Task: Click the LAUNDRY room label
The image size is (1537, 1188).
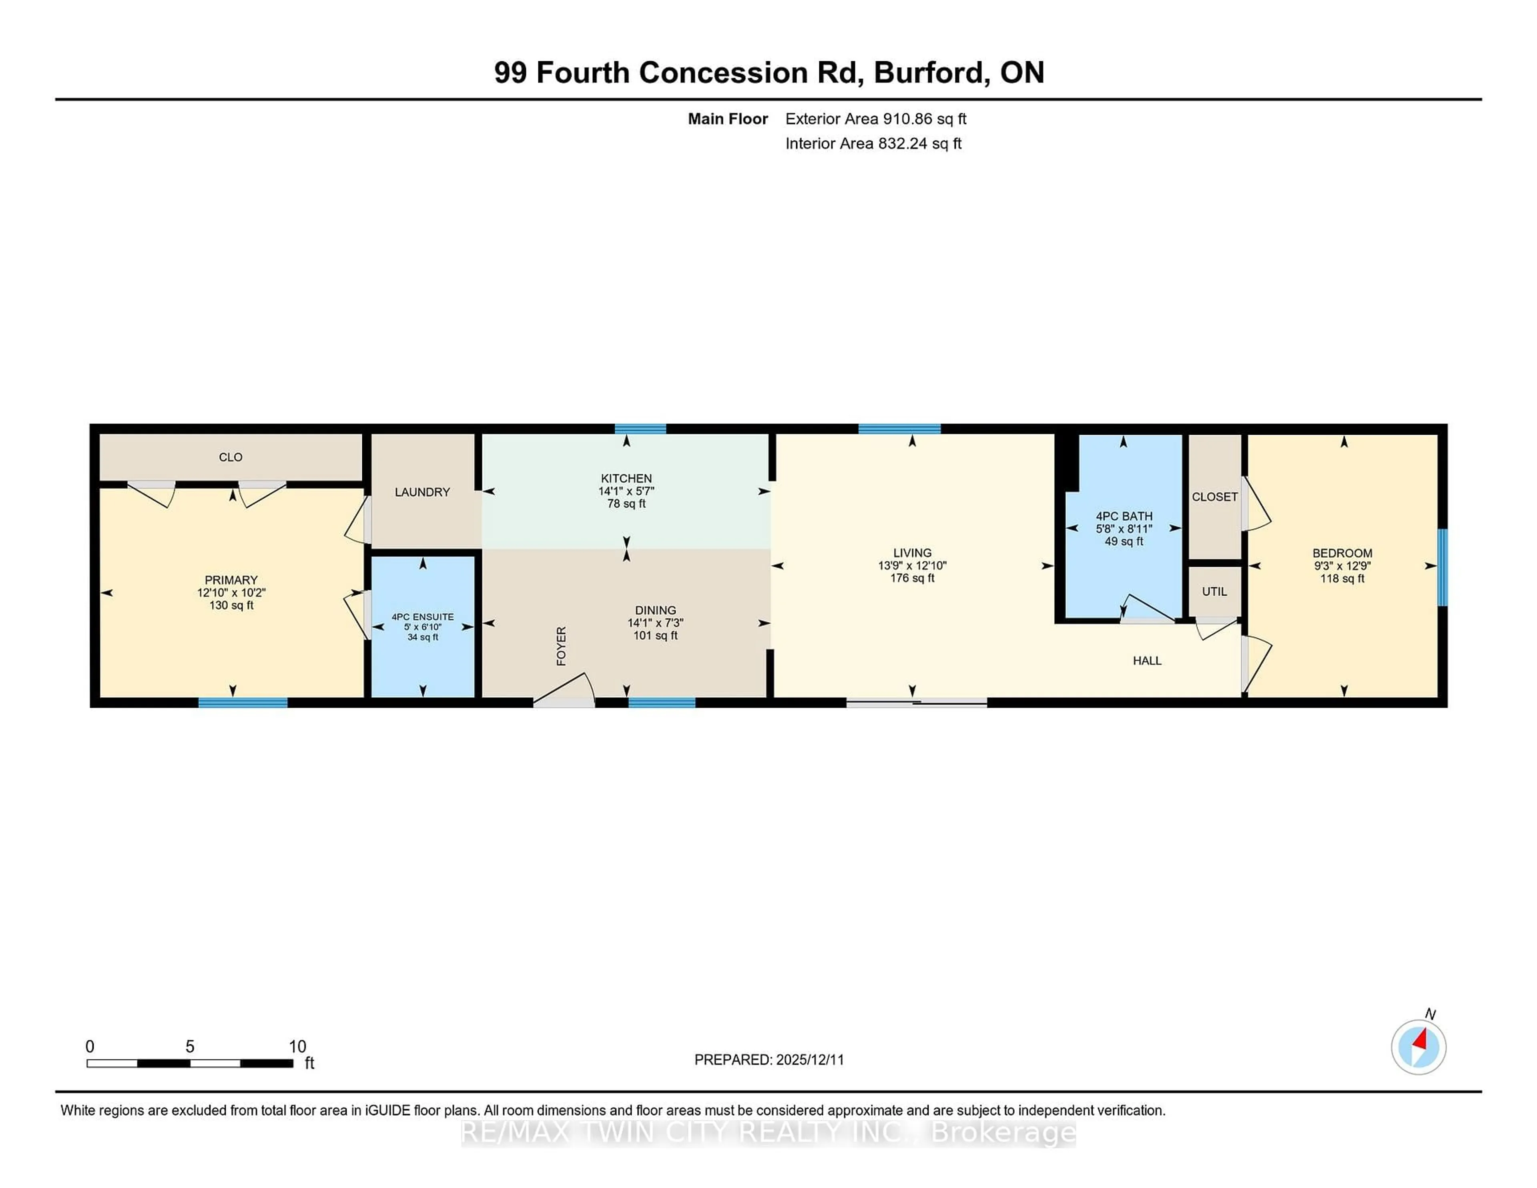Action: [422, 492]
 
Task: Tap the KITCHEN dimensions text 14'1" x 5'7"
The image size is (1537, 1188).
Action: [626, 491]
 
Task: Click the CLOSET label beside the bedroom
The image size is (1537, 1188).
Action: [1214, 497]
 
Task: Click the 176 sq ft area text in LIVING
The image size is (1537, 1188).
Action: [912, 578]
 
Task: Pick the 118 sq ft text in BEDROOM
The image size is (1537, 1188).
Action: [1342, 578]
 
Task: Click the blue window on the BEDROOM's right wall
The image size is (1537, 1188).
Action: [1442, 567]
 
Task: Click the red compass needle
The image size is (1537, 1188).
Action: [1421, 1039]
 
